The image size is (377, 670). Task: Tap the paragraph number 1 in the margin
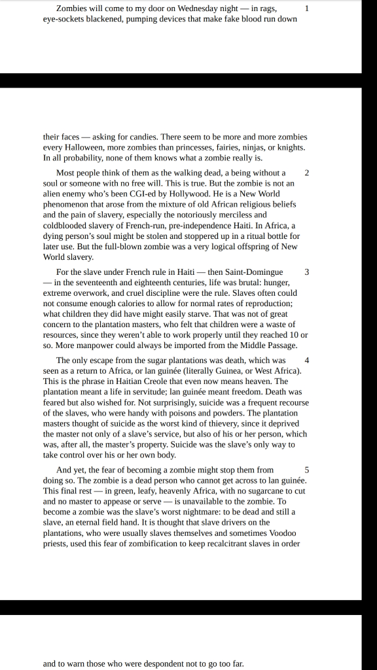click(307, 9)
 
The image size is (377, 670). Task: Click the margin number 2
click(307, 172)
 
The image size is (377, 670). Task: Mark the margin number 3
click(307, 272)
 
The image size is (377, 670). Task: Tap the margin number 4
click(307, 360)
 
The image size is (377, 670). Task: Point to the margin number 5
click(307, 470)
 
